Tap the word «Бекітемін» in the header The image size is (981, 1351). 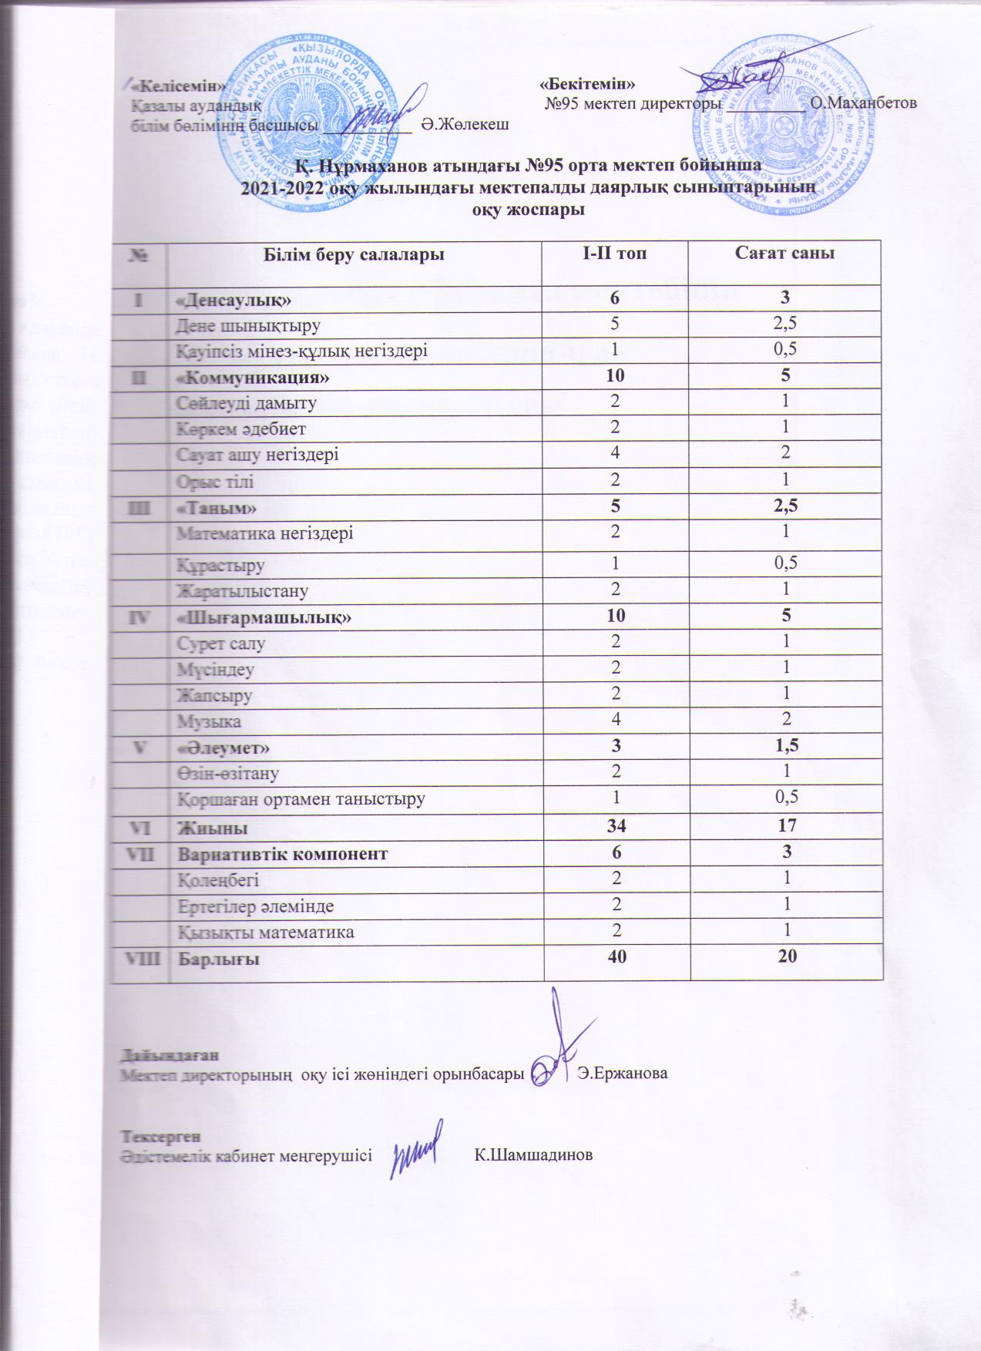588,82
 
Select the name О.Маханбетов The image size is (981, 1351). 863,103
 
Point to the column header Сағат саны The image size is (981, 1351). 785,254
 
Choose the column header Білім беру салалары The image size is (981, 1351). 354,254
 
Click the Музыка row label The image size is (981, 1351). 210,722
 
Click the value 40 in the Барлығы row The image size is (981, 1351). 616,958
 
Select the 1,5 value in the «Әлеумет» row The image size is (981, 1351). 785,746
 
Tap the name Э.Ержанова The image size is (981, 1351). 623,1074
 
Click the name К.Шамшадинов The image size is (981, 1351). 533,1155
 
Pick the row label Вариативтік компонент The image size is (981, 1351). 284,854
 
